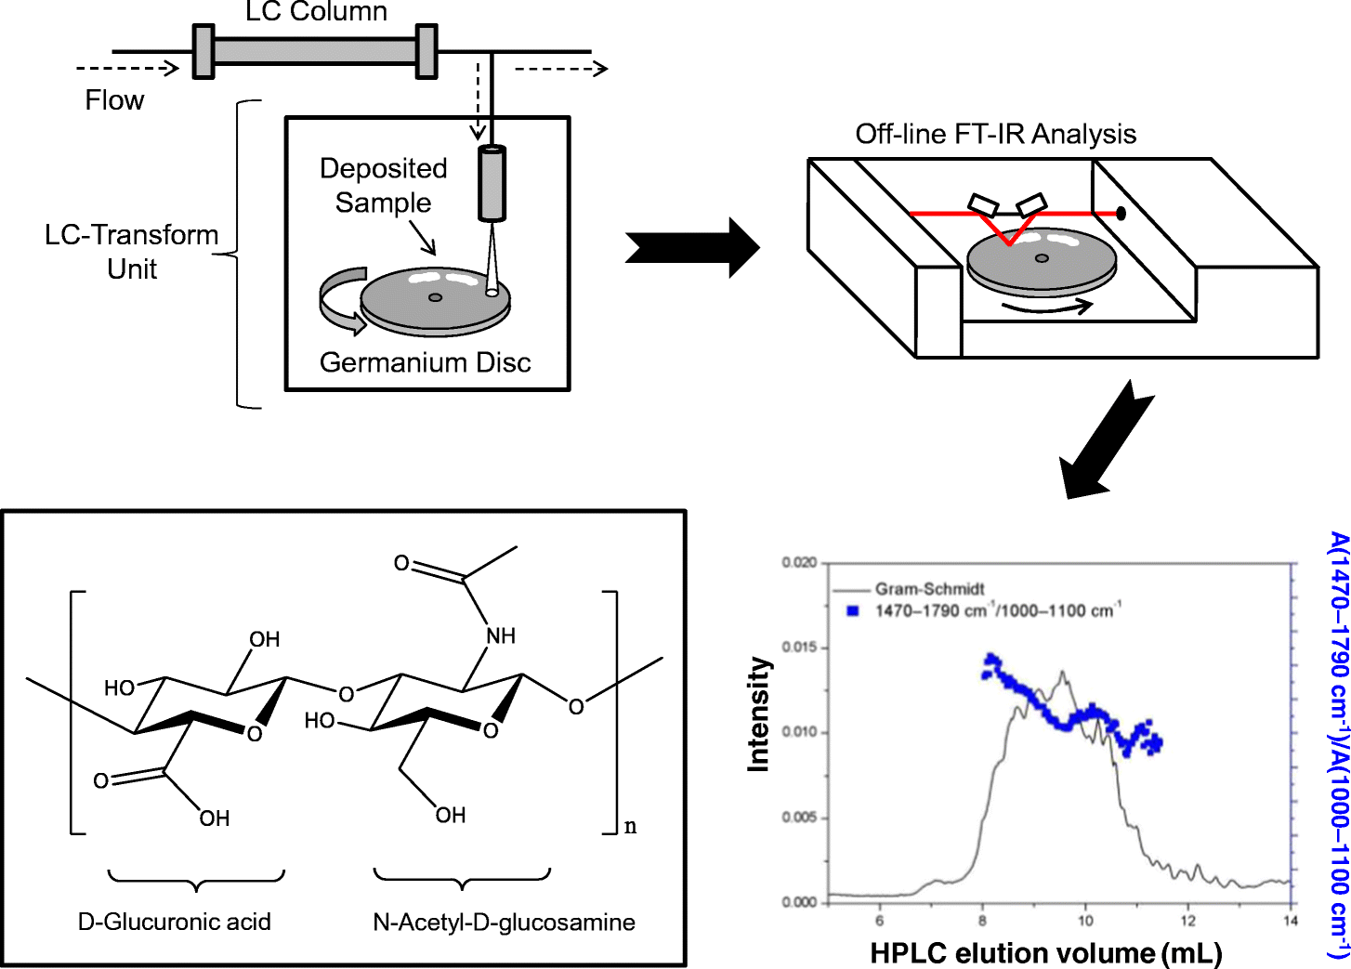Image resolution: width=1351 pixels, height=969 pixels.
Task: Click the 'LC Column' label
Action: [316, 12]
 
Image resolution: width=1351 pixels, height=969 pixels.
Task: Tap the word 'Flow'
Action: [114, 100]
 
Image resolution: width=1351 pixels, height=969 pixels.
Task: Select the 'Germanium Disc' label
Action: [425, 362]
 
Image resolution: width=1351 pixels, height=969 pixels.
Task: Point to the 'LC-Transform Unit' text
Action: [132, 252]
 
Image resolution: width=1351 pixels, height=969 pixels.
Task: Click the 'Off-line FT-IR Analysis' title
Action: [995, 134]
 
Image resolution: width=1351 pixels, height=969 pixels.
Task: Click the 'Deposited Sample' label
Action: [383, 185]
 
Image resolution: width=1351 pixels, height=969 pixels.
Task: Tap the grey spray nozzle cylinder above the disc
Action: [492, 183]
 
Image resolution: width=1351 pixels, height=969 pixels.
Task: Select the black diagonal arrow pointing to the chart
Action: [1106, 441]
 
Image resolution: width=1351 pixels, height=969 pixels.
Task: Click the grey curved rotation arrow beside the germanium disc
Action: [340, 300]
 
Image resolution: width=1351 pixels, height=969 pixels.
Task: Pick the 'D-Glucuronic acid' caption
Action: [175, 922]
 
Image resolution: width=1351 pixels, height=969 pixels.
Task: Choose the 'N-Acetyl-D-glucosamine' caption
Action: [504, 922]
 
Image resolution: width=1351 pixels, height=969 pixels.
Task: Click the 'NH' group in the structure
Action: [500, 635]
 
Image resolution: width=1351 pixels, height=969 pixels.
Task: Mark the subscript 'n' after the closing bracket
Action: [630, 826]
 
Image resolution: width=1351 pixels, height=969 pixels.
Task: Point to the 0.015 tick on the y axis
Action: [799, 648]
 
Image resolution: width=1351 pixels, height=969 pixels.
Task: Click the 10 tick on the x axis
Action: [1085, 921]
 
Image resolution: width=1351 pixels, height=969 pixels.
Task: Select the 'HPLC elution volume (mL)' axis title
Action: [1045, 953]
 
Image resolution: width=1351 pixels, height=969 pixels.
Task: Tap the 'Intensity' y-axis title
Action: [759, 714]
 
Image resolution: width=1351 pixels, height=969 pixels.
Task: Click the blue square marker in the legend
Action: [853, 611]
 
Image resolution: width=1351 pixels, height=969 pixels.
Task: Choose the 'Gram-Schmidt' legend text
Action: [929, 589]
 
